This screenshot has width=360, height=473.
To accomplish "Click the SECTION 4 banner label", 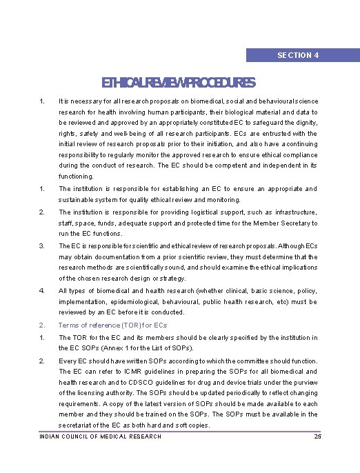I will (x=297, y=55).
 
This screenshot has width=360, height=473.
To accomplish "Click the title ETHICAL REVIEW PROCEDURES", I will (x=179, y=83).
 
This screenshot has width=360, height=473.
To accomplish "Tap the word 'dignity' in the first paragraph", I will (x=302, y=122).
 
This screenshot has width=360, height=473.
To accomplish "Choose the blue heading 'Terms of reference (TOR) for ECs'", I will (x=112, y=325).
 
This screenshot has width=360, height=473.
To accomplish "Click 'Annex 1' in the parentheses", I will (x=110, y=348).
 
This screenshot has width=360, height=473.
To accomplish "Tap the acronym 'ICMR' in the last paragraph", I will (x=136, y=372).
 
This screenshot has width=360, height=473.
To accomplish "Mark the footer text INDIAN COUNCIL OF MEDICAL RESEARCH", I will (x=101, y=436).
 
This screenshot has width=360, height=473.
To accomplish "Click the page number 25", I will (x=317, y=436).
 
